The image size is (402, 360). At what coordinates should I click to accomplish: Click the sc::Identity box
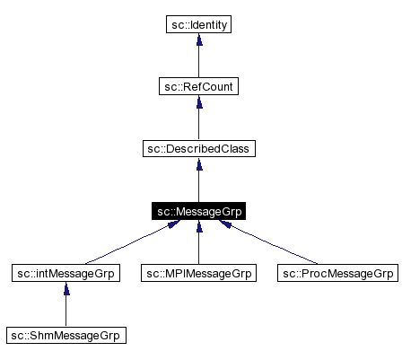click(x=198, y=24)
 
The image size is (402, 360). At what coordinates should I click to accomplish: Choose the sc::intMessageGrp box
click(x=65, y=273)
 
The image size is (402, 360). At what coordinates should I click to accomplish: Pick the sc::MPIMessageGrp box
click(x=198, y=273)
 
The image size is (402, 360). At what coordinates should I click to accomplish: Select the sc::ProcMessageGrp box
click(x=336, y=273)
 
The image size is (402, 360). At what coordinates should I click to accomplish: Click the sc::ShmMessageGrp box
click(x=65, y=336)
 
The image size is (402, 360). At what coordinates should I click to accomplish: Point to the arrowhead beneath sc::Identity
click(x=198, y=40)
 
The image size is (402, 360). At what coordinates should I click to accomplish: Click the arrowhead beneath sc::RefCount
click(x=198, y=101)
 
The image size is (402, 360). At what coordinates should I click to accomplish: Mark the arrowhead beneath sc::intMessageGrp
click(x=65, y=288)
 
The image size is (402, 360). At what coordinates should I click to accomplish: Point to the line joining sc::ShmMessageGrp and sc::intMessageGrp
click(x=65, y=310)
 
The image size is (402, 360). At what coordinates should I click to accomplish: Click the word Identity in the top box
click(x=208, y=24)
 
